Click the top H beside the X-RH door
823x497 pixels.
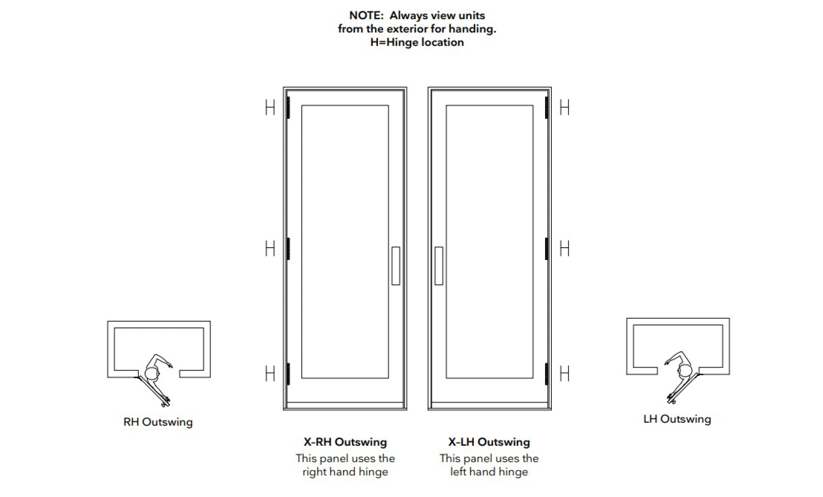coord(270,107)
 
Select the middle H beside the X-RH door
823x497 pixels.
coord(270,248)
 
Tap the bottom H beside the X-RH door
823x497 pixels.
coord(270,374)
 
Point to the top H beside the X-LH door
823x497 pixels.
coord(564,107)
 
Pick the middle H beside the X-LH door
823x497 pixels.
coord(564,248)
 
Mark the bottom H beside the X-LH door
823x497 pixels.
coord(564,374)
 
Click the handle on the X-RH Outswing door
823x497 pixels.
coord(396,266)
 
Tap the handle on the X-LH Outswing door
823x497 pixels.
coord(439,266)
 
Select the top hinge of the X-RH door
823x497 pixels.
coord(288,107)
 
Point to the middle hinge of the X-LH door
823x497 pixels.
coord(547,248)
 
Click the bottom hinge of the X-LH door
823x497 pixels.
coord(547,374)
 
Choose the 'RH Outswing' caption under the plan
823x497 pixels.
coord(158,422)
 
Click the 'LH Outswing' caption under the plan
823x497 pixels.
coord(677,419)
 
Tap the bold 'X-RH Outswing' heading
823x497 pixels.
coord(345,442)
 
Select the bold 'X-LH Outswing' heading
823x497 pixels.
coord(489,442)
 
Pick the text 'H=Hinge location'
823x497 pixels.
coord(417,42)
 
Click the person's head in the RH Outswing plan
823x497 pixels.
coord(151,374)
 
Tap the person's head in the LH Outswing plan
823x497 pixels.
coord(685,370)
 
